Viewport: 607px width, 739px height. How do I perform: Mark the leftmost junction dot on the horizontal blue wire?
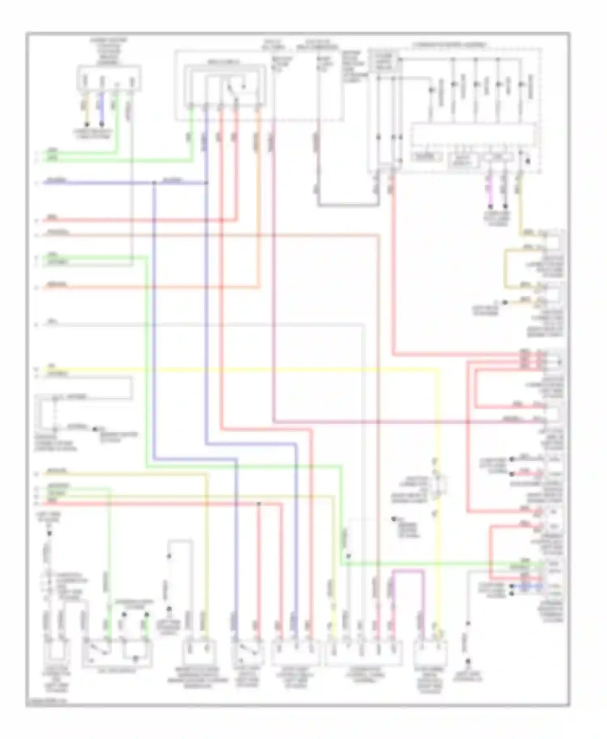click(154, 183)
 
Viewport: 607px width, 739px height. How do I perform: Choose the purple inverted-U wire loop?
click(408, 571)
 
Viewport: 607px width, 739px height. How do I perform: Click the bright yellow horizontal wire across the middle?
click(243, 369)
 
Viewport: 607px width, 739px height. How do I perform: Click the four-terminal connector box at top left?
click(109, 79)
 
